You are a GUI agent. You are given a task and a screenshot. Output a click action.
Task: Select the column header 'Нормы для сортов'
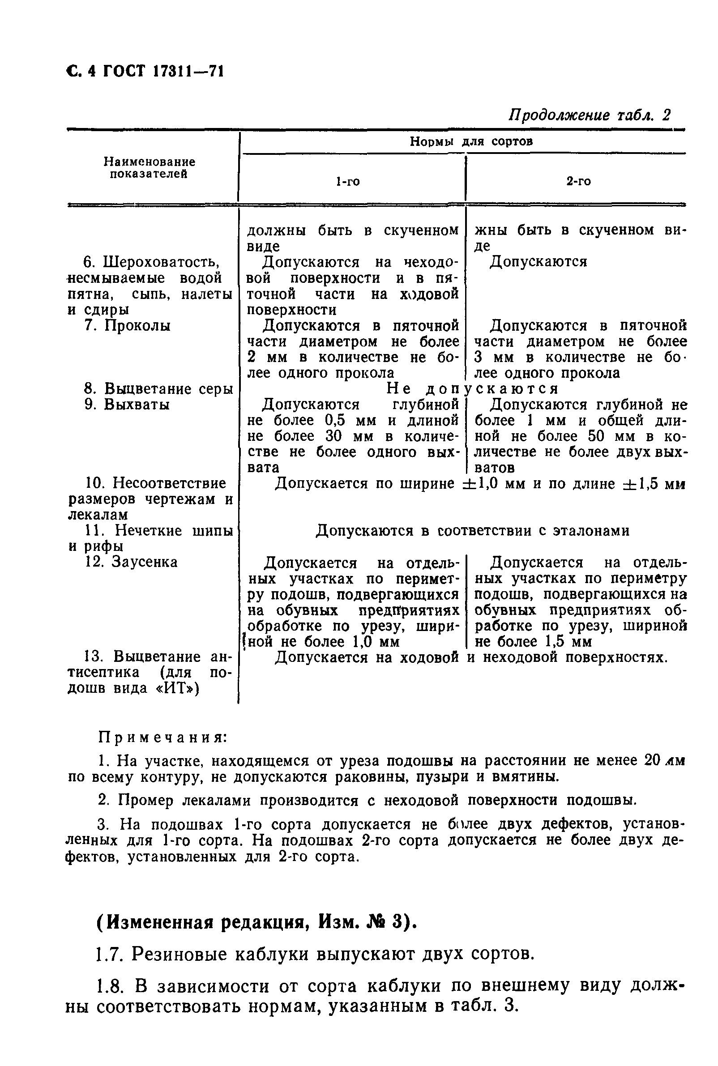471,141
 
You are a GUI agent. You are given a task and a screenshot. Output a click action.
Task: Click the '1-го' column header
348,182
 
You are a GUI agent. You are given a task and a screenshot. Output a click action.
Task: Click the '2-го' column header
578,181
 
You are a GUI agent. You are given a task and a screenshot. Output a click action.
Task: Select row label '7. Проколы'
128,325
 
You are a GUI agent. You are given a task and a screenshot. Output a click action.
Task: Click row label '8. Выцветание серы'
158,388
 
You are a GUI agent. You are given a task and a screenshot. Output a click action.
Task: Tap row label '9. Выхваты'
127,405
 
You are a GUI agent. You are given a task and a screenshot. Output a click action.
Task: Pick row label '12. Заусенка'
132,562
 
